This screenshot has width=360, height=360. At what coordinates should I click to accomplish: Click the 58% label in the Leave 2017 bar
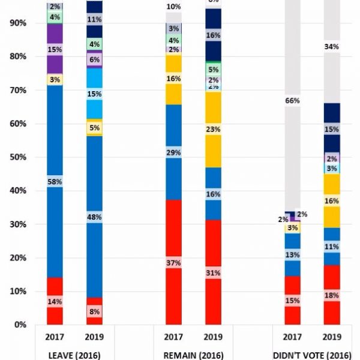pyautogui.click(x=55, y=181)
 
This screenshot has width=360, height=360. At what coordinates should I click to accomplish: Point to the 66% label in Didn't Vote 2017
pyautogui.click(x=292, y=101)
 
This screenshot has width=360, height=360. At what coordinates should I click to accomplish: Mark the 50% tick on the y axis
pyautogui.click(x=17, y=157)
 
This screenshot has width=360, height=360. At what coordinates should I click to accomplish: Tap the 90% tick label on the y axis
pyautogui.click(x=17, y=23)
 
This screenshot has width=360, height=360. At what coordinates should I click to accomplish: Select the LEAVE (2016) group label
pyautogui.click(x=74, y=354)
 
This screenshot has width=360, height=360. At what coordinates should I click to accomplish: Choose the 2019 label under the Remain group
pyautogui.click(x=213, y=337)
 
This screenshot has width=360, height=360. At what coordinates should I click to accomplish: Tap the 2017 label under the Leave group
pyautogui.click(x=55, y=337)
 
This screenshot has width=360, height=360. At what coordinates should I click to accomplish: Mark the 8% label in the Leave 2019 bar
pyautogui.click(x=94, y=312)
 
